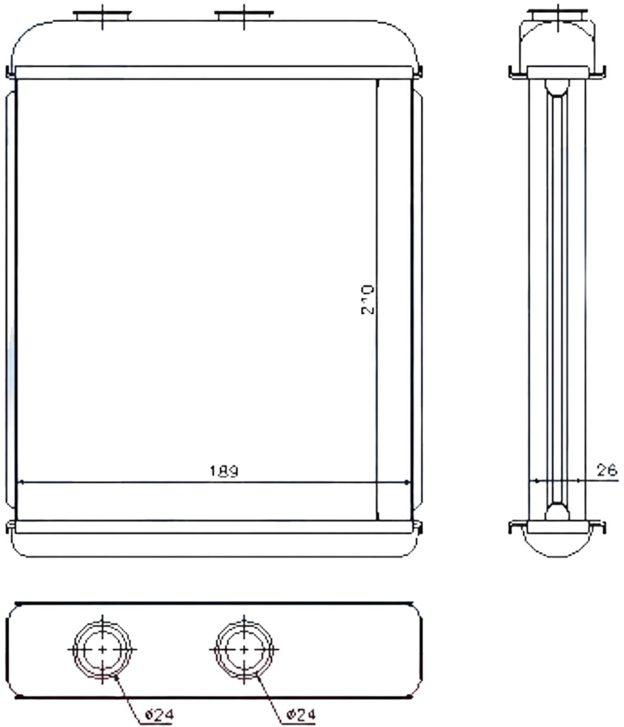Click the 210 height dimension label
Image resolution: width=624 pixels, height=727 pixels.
point(368,300)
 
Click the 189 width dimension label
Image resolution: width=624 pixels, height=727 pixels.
point(224,471)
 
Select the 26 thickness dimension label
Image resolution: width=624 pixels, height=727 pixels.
point(607,470)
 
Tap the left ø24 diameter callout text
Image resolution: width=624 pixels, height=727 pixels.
point(159,714)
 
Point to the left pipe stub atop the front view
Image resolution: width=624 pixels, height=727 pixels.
point(102,16)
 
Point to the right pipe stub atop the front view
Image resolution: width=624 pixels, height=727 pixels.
point(244,16)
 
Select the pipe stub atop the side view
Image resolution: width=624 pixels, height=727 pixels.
point(558,15)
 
